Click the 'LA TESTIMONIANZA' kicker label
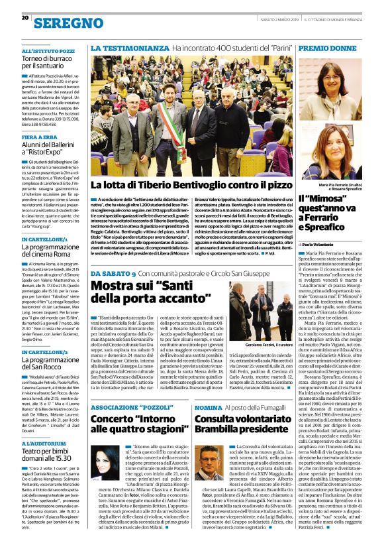point(129,49)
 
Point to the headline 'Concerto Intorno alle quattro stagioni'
point(136,416)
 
